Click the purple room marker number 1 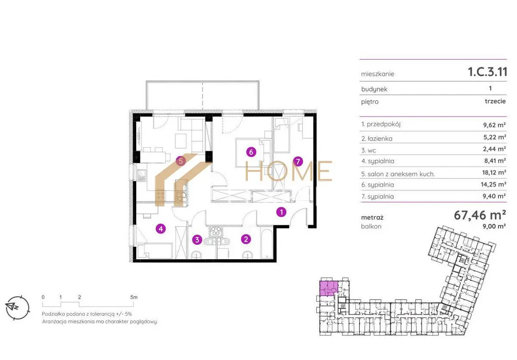coord(281,212)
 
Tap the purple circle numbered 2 coord(246,239)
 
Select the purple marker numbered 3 coord(197,240)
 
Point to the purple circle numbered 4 coord(161,229)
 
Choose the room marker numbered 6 coord(251,152)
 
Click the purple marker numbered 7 coord(298,161)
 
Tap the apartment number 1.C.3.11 coord(487,72)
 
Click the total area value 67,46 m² coord(480,215)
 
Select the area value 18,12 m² coord(494,172)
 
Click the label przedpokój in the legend coord(383,125)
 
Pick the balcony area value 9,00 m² coord(494,226)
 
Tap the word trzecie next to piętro coord(495,101)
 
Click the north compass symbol coord(18,307)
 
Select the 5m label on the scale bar coord(134,297)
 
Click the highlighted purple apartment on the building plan coord(329,288)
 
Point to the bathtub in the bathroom coord(267,244)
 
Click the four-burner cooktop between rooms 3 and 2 coord(216,231)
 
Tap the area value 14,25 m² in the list coord(493,184)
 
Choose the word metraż coord(372,218)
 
